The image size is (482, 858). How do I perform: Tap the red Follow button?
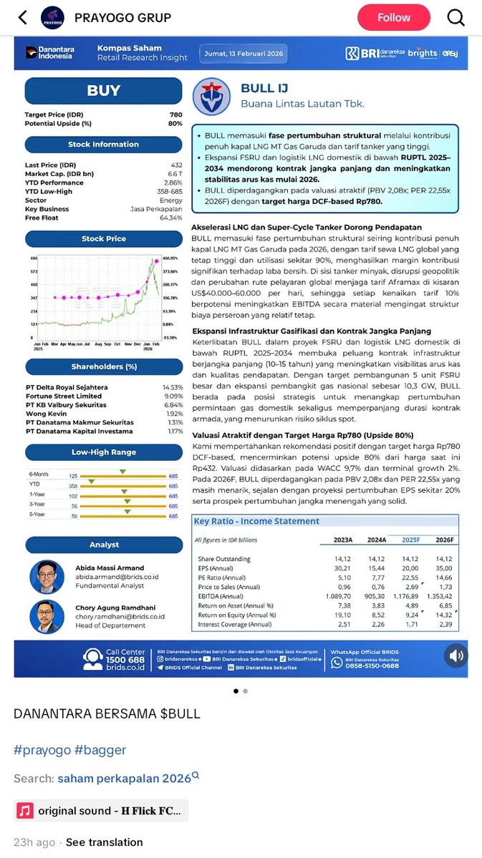(393, 18)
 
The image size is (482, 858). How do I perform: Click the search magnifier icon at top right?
(456, 18)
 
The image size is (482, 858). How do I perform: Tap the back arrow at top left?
(22, 18)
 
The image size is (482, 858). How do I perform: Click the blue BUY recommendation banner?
(104, 91)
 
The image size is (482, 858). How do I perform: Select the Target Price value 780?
(175, 114)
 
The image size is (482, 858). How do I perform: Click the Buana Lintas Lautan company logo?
(211, 96)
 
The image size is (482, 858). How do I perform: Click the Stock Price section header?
(104, 239)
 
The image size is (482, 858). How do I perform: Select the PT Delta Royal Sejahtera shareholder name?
(67, 387)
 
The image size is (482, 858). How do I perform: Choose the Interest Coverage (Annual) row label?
(234, 625)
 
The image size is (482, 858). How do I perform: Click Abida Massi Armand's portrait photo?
(47, 577)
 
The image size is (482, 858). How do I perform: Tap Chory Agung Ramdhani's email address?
(120, 616)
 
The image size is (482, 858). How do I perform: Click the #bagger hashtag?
(100, 750)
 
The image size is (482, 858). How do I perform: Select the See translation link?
(105, 842)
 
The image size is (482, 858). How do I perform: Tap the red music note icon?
(25, 811)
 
